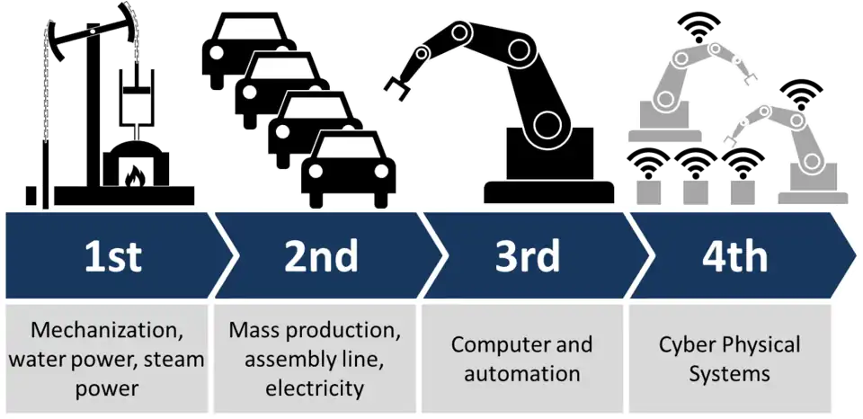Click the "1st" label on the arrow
pos(112,256)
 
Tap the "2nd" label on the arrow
pos(321,256)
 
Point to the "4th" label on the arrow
pos(734,256)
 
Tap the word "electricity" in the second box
pos(315,388)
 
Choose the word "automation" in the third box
pos(522,372)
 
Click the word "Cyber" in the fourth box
pos(689,344)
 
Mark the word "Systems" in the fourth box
pos(730,372)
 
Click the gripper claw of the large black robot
pos(396,83)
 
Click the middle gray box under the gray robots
pos(695,190)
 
